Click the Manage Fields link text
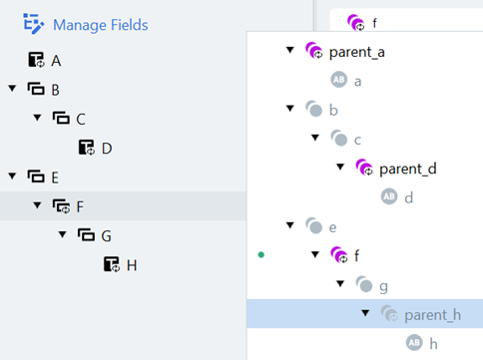click(100, 24)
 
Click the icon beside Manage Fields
click(34, 24)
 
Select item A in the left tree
click(56, 61)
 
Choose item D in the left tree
click(106, 149)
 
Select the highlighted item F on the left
click(81, 206)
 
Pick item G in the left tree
click(106, 235)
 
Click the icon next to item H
click(110, 264)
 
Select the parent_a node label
click(357, 52)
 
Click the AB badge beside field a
click(339, 81)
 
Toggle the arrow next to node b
click(289, 110)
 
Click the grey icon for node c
click(339, 140)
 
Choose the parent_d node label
click(407, 169)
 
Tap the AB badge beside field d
click(389, 197)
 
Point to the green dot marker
click(260, 255)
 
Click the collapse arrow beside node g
click(339, 285)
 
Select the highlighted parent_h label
click(432, 315)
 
